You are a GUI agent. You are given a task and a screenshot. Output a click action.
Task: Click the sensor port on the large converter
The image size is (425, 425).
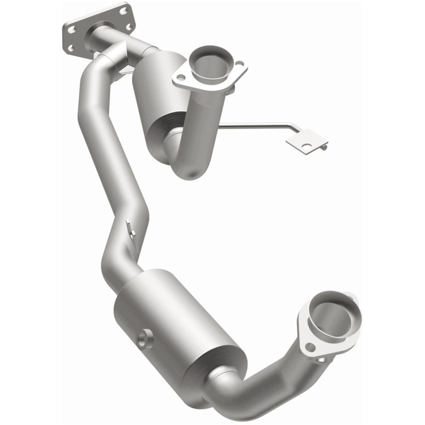pyautogui.click(x=143, y=339)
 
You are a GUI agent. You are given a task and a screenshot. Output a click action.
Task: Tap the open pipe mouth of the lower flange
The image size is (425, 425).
pyautogui.click(x=330, y=318)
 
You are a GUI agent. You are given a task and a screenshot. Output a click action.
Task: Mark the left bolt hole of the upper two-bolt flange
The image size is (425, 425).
pyautogui.click(x=177, y=79)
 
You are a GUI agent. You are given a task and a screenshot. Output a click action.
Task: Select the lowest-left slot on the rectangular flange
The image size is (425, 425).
pyautogui.click(x=71, y=48)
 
